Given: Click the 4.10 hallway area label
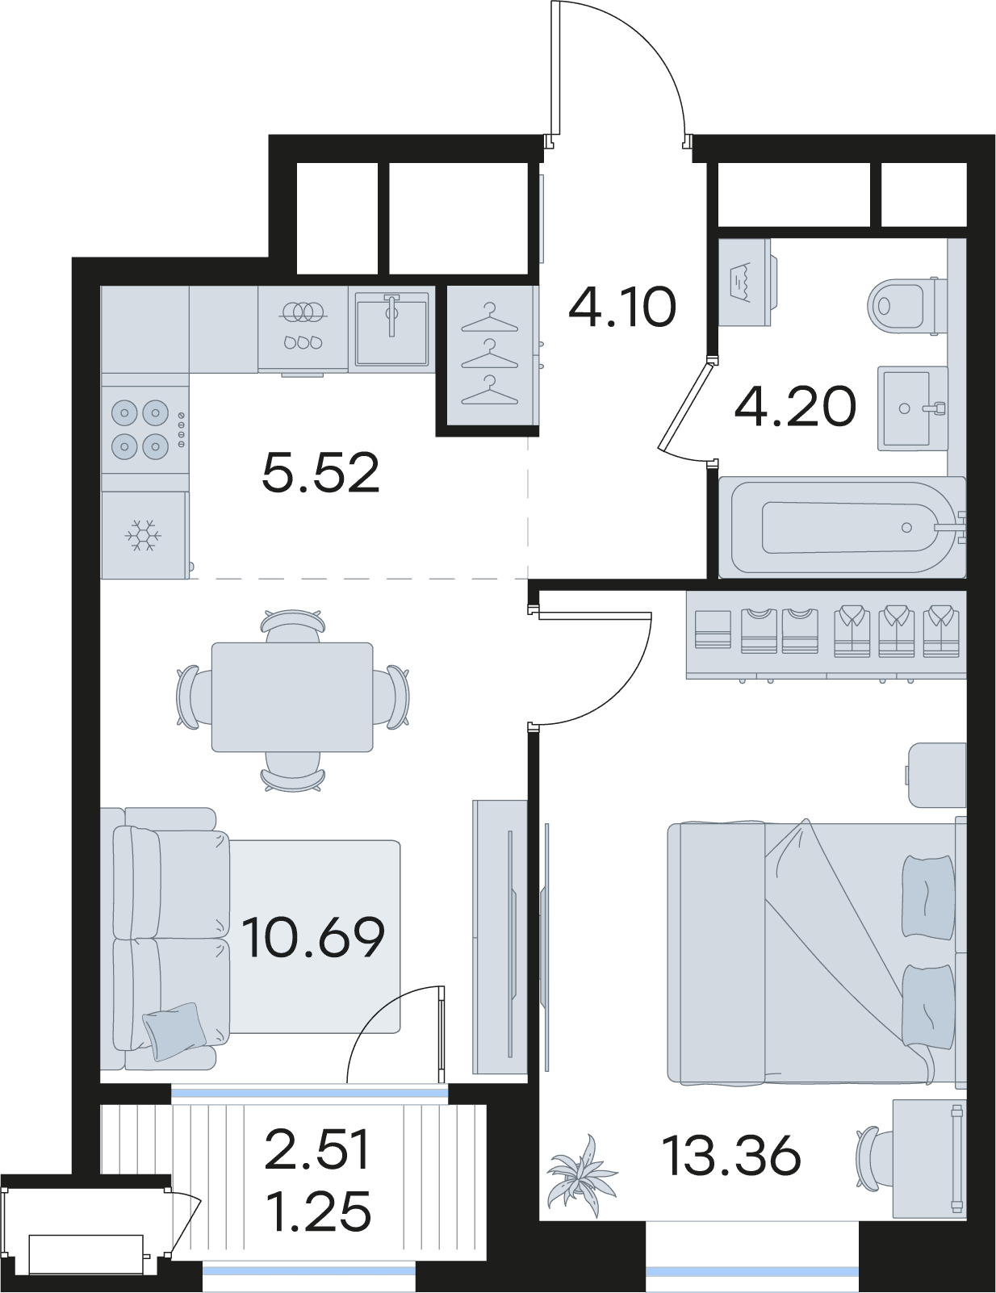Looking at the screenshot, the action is tap(622, 307).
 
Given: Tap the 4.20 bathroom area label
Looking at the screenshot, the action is tap(796, 407).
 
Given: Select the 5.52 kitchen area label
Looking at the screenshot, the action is tap(320, 472).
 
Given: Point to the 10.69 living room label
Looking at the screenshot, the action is tap(314, 938).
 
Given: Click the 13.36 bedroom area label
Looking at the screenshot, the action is tap(734, 1156).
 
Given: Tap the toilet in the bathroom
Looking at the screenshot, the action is tap(906, 307).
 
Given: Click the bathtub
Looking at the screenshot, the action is tap(841, 527).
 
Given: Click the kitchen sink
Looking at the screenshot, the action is tap(391, 328).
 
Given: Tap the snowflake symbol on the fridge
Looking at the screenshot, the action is tap(143, 535).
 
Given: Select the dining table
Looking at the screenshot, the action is tap(292, 697).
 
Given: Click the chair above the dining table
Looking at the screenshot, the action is tap(293, 626).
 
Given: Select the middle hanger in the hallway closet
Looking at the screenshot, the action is tap(490, 354).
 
